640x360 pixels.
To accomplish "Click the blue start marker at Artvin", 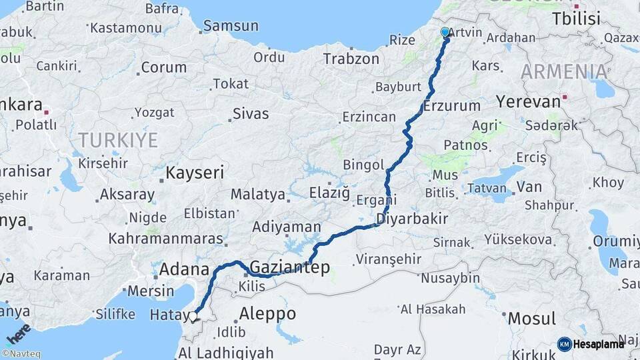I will (x=445, y=32).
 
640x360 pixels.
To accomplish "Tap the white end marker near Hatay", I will (x=194, y=317).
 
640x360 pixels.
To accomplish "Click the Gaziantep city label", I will (x=289, y=267).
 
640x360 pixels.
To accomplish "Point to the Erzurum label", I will (x=451, y=105).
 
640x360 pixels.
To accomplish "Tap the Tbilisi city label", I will (x=576, y=19).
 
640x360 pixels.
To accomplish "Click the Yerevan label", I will (x=529, y=102).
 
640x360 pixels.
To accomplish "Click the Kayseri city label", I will (x=194, y=173).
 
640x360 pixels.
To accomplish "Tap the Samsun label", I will (x=230, y=26).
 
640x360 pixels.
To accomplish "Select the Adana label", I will (x=185, y=269).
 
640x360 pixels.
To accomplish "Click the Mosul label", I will (x=531, y=319).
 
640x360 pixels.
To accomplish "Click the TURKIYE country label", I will (x=118, y=140).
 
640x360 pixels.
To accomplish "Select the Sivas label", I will (x=251, y=113).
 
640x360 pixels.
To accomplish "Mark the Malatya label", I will (x=258, y=195).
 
